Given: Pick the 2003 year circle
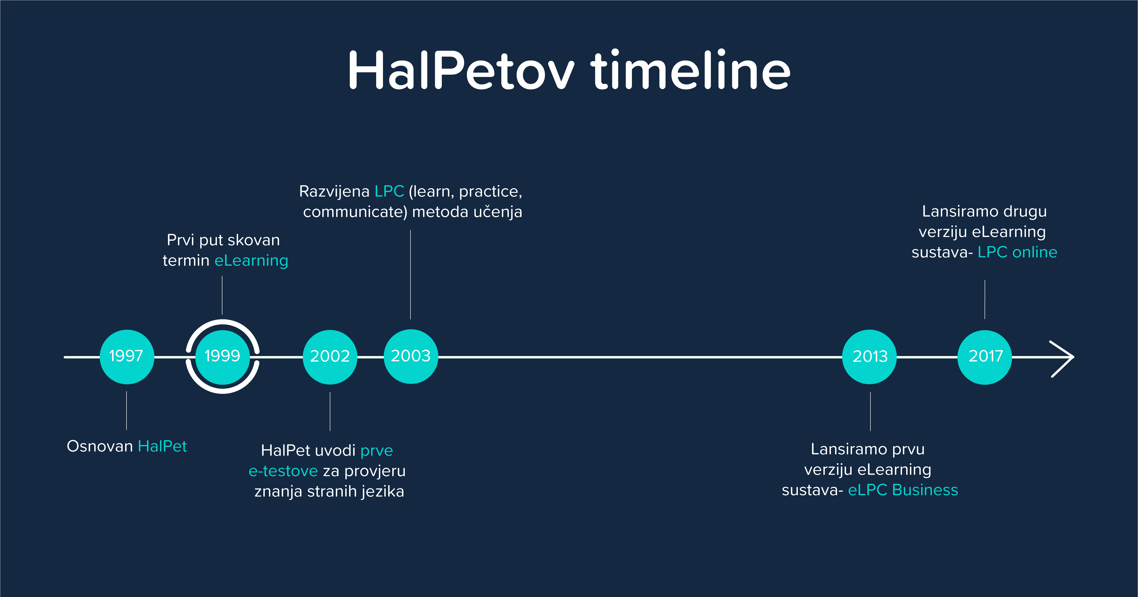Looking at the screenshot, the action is (x=411, y=356).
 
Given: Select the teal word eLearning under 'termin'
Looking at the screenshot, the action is (x=251, y=261).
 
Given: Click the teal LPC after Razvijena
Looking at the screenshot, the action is (x=389, y=191).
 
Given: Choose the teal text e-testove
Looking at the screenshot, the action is (x=283, y=471).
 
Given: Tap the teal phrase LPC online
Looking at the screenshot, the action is (x=1017, y=252).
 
